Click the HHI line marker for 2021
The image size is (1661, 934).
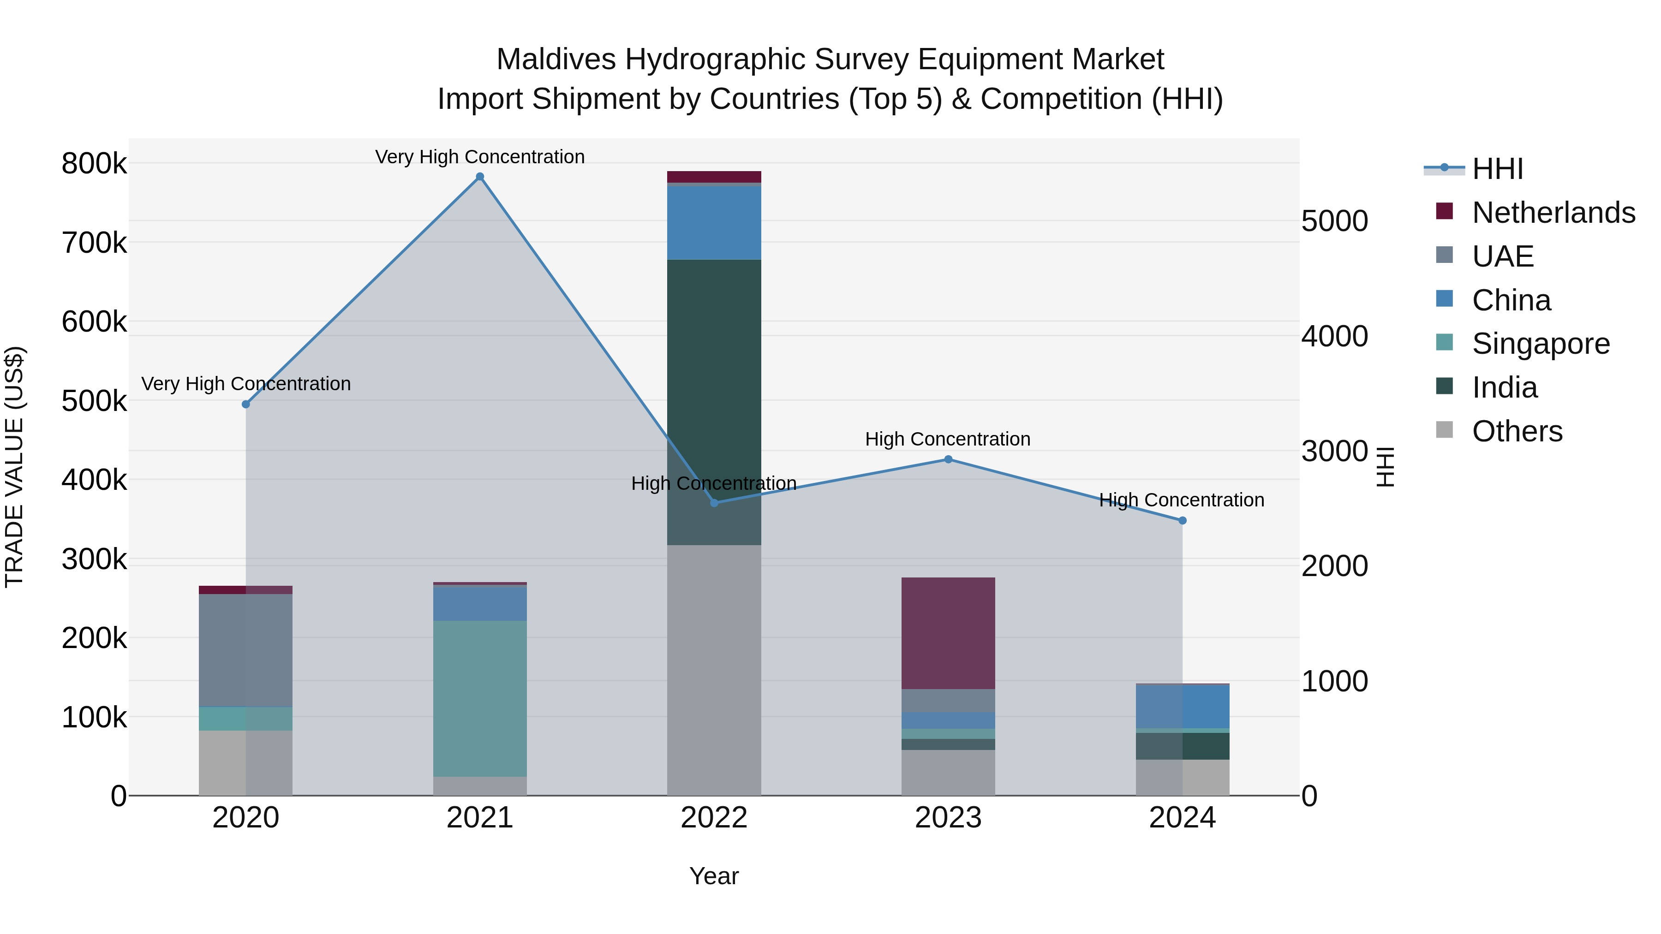(480, 177)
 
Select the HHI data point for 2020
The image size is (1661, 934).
(245, 404)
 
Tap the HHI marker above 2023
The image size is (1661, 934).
(948, 459)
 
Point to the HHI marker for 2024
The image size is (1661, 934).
(1182, 520)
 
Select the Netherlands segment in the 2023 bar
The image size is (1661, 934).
(948, 633)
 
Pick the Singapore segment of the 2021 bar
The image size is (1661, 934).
(480, 698)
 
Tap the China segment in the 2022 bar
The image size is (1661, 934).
(714, 222)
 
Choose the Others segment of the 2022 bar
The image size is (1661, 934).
(714, 670)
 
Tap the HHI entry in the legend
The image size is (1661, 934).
(1497, 169)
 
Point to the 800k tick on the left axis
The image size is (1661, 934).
(94, 164)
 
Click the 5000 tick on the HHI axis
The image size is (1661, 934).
(1334, 221)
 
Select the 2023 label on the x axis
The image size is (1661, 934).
(948, 818)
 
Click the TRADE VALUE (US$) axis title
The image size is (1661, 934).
(15, 467)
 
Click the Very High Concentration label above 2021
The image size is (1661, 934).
(480, 157)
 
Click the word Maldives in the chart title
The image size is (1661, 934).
(556, 59)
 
